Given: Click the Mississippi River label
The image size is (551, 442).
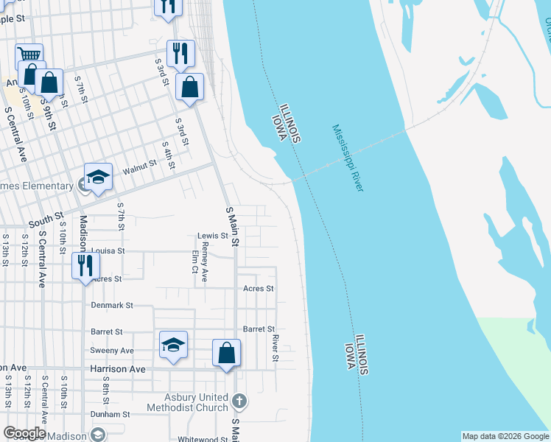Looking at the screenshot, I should pos(348,158).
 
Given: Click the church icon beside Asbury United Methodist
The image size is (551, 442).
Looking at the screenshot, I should pos(238,401).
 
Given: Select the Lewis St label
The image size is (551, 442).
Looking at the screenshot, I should pos(213,236).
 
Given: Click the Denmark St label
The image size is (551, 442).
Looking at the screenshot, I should pos(111,304).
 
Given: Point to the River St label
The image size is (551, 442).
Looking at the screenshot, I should pos(275,348).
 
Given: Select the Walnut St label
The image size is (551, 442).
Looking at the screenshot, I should pos(139,169).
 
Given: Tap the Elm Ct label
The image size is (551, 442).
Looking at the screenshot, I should pos(195,265).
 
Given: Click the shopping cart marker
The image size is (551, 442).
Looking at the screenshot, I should pos(29,56).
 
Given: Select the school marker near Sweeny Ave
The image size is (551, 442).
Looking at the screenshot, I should pos(173,345).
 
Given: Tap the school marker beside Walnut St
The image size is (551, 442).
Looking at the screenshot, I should pos(98,177).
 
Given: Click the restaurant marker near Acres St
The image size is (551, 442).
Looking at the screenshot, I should pos(85,265).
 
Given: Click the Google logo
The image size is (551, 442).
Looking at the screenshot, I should pos(24,433).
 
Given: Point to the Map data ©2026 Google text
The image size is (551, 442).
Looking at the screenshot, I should pos(505,436).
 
